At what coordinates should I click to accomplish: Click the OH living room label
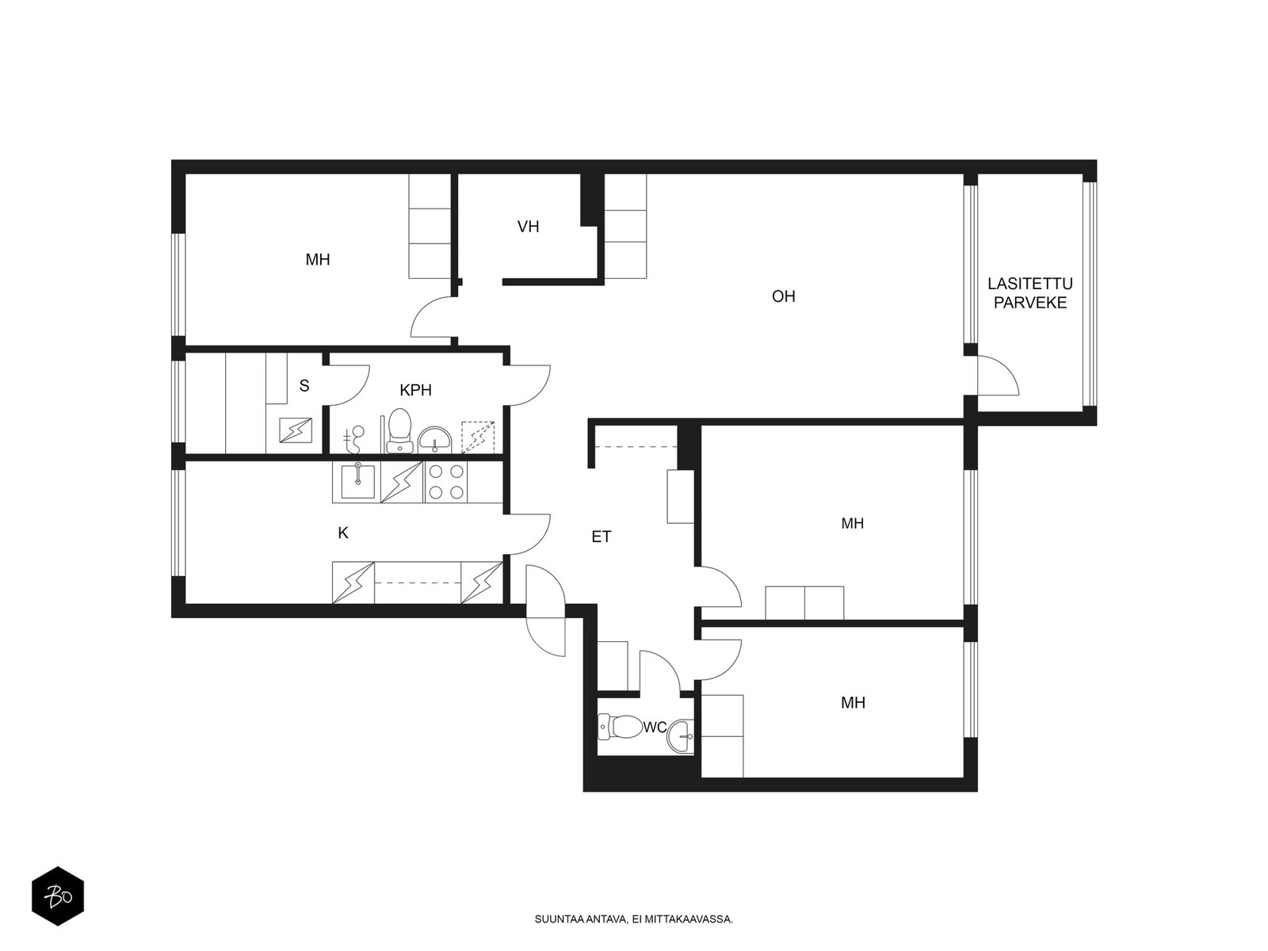[x=783, y=296]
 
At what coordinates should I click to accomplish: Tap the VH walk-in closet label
[x=528, y=227]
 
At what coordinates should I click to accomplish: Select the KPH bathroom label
[x=415, y=391]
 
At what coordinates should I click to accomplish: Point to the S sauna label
[x=304, y=385]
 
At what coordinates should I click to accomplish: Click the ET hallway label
[x=601, y=537]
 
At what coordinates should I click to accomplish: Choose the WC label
[x=655, y=728]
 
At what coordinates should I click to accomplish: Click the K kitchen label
[x=343, y=533]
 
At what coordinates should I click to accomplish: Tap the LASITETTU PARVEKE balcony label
[x=1030, y=292]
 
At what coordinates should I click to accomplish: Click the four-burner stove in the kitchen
[x=446, y=482]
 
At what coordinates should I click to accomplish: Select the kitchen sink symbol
[x=357, y=481]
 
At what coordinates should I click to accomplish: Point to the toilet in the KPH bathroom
[x=399, y=430]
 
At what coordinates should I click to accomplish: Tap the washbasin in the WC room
[x=681, y=736]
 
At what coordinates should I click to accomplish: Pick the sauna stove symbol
[x=295, y=431]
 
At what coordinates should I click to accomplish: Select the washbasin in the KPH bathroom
[x=434, y=440]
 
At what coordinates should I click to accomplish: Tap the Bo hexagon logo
[x=58, y=896]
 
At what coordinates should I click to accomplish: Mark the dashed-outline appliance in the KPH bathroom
[x=478, y=437]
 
